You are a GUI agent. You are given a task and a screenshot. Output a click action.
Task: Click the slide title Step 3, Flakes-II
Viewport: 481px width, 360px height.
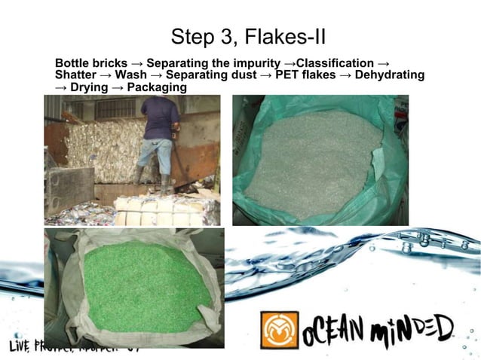click(248, 36)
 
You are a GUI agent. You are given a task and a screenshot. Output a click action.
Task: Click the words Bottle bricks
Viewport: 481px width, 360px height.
click(91, 63)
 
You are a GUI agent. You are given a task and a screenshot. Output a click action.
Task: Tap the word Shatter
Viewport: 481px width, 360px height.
click(77, 75)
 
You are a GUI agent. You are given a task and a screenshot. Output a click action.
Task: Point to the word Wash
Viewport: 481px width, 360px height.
click(132, 75)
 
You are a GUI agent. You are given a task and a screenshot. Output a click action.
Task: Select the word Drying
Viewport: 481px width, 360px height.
click(89, 87)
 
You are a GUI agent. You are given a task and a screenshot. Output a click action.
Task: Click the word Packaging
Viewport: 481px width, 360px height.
click(157, 87)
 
